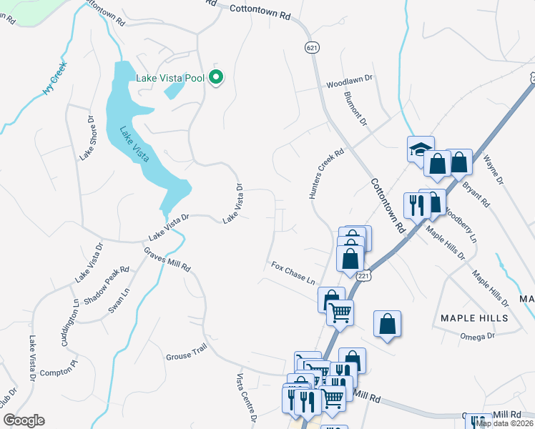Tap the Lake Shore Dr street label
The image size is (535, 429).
click(88, 137)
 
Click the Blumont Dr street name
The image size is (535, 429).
click(355, 109)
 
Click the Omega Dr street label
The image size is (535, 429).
click(478, 335)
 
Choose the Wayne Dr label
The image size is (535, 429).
click(494, 170)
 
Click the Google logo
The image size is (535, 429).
click(24, 420)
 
